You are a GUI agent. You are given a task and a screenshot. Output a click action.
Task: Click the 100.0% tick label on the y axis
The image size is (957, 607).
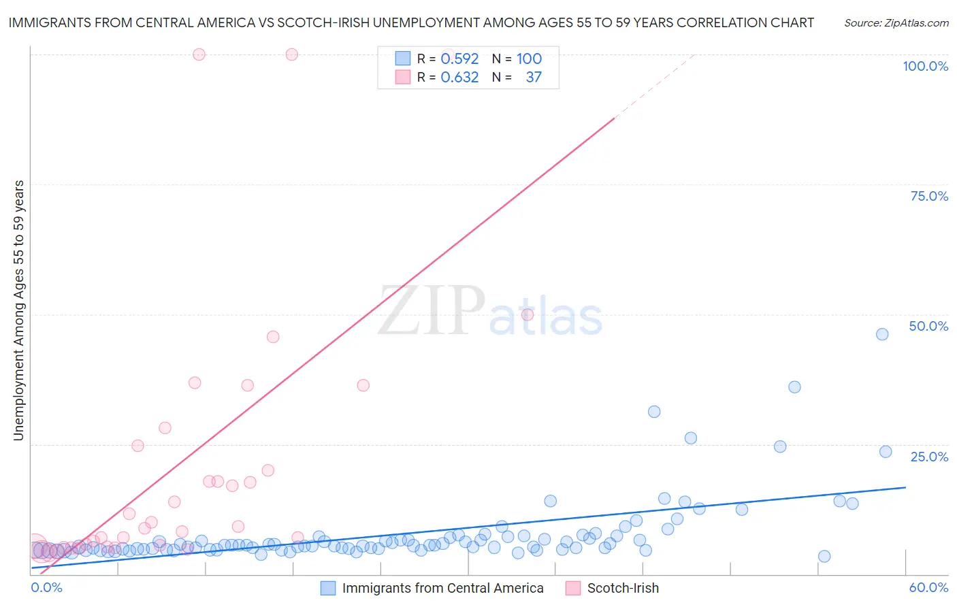925,66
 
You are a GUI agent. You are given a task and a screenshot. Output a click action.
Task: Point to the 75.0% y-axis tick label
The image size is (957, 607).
929,196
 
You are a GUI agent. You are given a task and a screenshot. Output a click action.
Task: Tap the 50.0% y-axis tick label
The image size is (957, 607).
928,326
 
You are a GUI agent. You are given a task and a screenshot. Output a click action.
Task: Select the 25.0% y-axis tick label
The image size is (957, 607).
929,457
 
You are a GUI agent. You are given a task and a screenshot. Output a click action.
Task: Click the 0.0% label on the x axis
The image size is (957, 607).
46,587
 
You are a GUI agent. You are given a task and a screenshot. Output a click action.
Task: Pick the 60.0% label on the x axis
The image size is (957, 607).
928,587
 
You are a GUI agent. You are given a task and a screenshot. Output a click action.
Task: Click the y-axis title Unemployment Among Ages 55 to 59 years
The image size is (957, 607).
18,310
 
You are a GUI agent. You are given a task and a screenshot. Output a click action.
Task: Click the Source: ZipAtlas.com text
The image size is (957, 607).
896,23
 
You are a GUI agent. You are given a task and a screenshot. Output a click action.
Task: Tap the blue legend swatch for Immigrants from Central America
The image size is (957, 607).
328,588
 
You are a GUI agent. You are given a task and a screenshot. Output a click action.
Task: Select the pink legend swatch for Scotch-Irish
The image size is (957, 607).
573,588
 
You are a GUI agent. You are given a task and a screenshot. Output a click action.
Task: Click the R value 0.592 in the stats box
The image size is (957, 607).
459,59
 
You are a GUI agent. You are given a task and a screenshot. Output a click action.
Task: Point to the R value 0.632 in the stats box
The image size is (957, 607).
459,78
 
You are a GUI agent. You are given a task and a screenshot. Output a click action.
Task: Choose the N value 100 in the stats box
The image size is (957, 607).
529,59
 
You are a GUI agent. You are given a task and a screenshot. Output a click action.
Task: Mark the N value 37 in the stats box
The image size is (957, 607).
534,78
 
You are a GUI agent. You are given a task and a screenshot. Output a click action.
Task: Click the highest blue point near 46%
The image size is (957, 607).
882,334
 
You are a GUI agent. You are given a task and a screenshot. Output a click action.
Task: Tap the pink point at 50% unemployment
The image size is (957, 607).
528,314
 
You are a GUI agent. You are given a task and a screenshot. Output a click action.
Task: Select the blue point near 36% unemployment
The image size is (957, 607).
794,387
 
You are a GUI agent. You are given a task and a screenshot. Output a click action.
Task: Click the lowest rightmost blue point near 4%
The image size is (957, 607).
824,556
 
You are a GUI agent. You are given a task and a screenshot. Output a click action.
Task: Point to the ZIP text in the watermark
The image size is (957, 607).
432,311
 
